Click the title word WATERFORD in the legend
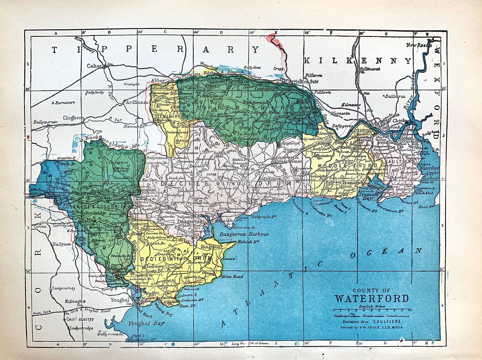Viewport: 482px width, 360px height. point(372,298)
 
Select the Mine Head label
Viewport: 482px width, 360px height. point(232,277)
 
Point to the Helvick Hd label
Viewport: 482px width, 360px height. point(248,242)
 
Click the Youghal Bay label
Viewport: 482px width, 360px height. point(146,323)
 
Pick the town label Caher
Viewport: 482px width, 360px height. point(94,66)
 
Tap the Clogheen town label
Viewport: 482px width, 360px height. point(73,118)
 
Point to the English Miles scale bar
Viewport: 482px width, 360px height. point(372,310)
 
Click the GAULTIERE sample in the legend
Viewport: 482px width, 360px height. point(387,321)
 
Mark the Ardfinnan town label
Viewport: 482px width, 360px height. point(137,103)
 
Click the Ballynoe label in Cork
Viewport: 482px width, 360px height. point(62,244)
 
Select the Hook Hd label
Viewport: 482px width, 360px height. point(426,207)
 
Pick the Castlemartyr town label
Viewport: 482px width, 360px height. point(80,319)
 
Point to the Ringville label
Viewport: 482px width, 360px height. point(210,247)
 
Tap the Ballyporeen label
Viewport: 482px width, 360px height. point(45,122)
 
